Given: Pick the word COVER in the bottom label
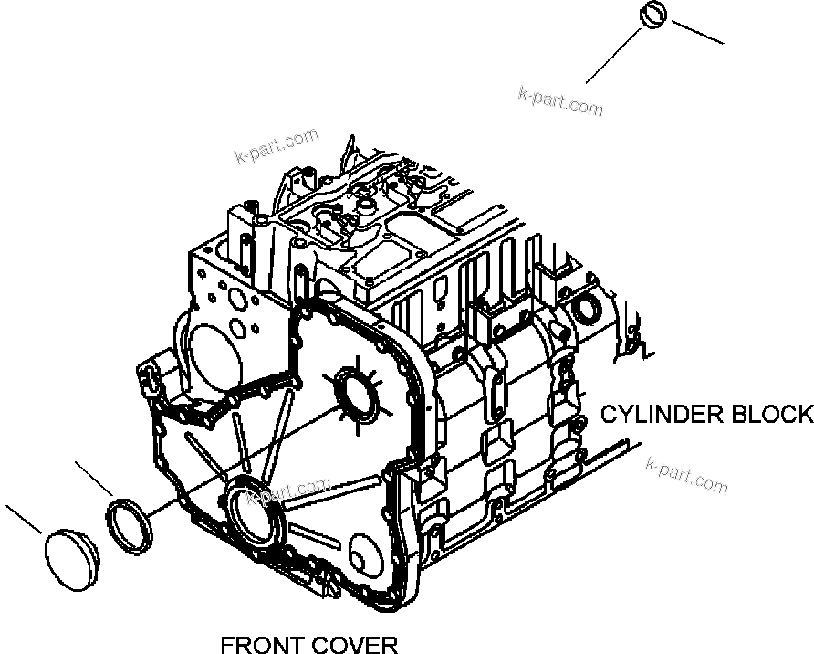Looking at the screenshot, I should click(x=353, y=646).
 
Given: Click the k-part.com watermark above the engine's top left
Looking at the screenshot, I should click(x=276, y=147).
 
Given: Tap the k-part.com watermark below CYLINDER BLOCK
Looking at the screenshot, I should click(x=686, y=476).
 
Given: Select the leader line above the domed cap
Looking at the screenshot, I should click(x=25, y=521).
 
